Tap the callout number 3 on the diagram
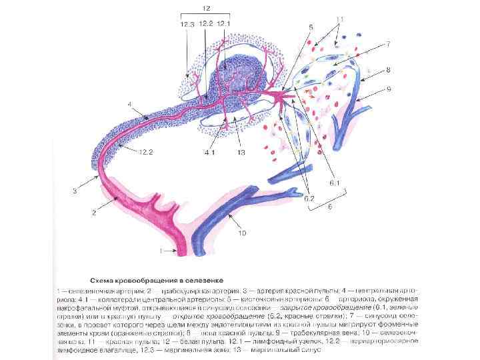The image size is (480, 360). (75, 191)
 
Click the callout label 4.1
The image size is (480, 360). (209, 153)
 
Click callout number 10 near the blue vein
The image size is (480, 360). (243, 233)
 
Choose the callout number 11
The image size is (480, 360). (340, 19)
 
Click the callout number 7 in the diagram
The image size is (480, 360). (386, 44)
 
